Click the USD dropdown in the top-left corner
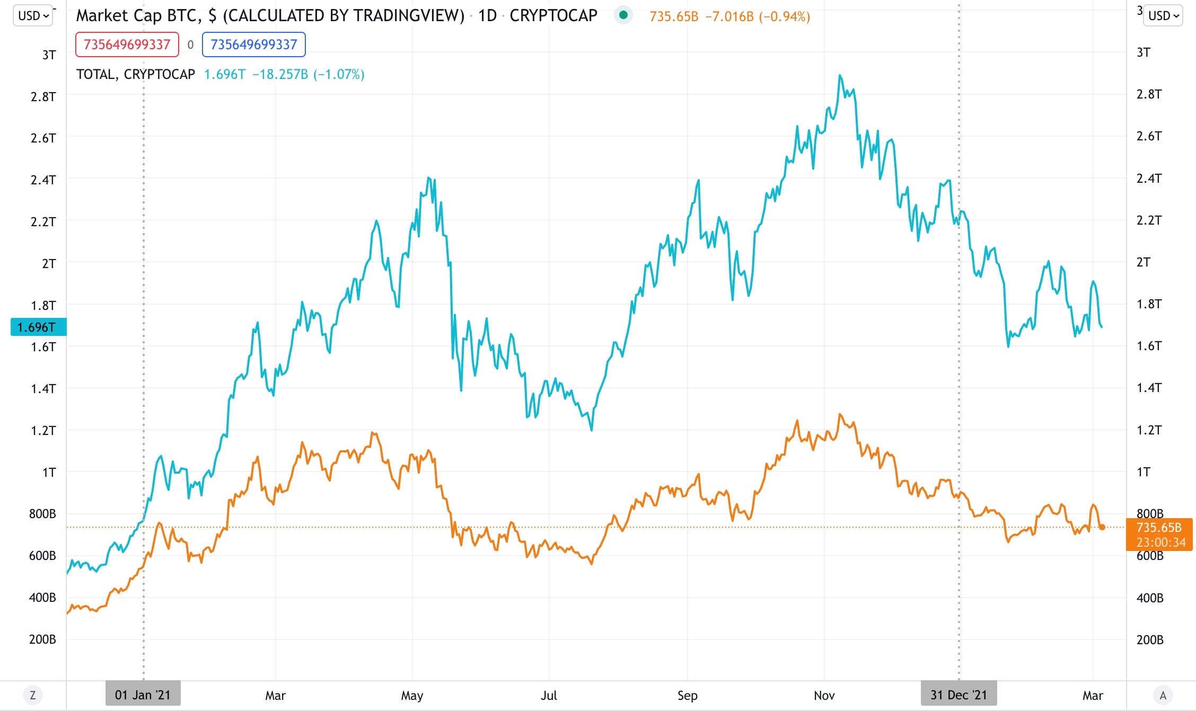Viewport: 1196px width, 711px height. [x=33, y=16]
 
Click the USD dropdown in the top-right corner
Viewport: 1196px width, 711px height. [x=1162, y=16]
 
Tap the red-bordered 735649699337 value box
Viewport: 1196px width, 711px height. [x=127, y=45]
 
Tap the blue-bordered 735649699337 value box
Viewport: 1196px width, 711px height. [x=253, y=45]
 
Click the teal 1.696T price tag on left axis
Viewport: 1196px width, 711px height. [x=38, y=327]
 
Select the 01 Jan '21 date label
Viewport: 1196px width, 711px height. [x=143, y=695]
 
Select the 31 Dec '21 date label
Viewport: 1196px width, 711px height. [x=958, y=695]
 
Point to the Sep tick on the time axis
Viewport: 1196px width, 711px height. [x=687, y=695]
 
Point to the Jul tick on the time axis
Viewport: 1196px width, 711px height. [x=549, y=695]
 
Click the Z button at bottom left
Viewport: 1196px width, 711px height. [x=33, y=695]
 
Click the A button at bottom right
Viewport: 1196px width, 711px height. [x=1163, y=695]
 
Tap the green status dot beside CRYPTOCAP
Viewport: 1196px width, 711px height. [x=623, y=15]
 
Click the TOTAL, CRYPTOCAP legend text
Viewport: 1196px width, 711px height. [x=136, y=74]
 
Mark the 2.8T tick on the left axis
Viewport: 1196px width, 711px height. [x=43, y=96]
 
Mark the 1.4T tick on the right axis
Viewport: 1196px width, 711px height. [x=1149, y=388]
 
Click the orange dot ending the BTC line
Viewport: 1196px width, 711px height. [x=1102, y=527]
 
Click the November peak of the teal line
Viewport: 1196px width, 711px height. [x=840, y=76]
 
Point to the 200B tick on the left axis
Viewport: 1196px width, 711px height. [x=42, y=639]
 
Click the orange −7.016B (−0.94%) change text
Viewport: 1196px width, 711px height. [x=757, y=16]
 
